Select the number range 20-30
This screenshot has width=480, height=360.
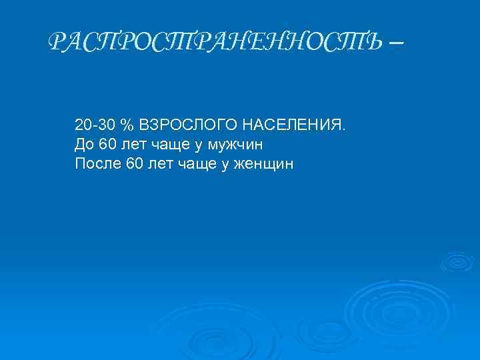(95, 125)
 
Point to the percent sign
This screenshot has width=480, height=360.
(127, 125)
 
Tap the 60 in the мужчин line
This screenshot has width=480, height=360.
(107, 144)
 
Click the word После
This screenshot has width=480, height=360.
(97, 163)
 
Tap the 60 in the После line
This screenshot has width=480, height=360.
(133, 163)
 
